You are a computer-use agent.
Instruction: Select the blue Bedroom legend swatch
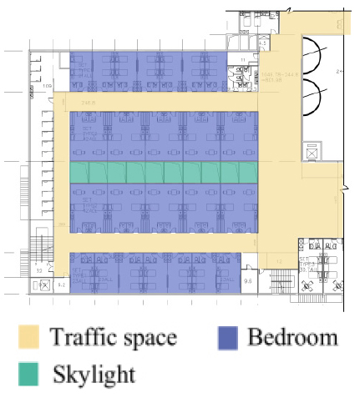tap(228, 337)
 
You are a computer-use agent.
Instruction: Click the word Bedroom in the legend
tap(292, 337)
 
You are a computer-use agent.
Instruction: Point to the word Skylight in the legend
tap(94, 373)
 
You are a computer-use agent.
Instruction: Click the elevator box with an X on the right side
tap(313, 152)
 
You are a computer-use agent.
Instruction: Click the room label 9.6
tap(248, 281)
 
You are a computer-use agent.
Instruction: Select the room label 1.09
tap(48, 86)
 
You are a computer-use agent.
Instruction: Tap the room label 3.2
tap(39, 270)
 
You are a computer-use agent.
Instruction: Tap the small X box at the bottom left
tap(42, 285)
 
